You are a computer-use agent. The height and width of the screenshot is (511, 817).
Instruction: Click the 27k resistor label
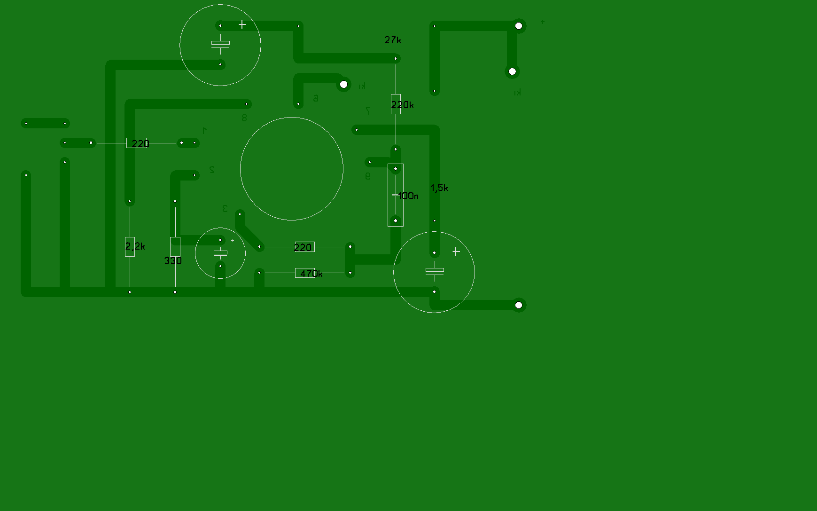pyautogui.click(x=392, y=40)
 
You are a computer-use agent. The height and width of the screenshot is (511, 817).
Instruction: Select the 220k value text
pyautogui.click(x=402, y=105)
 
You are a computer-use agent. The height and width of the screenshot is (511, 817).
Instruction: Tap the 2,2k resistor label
pyautogui.click(x=135, y=246)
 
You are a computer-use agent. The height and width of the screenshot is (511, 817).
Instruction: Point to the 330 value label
pyautogui.click(x=172, y=260)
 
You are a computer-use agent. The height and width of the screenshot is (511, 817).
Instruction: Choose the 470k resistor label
pyautogui.click(x=311, y=273)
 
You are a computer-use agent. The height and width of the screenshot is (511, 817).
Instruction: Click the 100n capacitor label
pyautogui.click(x=408, y=196)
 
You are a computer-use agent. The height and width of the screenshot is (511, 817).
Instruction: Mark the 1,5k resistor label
pyautogui.click(x=439, y=188)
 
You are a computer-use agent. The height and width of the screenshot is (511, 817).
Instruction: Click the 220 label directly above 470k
pyautogui.click(x=303, y=247)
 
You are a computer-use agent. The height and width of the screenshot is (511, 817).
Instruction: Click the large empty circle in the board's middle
pyautogui.click(x=291, y=169)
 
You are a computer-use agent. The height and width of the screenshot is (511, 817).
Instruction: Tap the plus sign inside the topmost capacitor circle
pyautogui.click(x=242, y=24)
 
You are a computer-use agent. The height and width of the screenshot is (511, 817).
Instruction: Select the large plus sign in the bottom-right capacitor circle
pyautogui.click(x=456, y=252)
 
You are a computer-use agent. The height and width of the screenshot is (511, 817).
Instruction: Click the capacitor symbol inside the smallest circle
pyautogui.click(x=220, y=253)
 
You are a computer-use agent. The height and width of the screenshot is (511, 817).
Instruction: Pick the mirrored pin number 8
pyautogui.click(x=244, y=118)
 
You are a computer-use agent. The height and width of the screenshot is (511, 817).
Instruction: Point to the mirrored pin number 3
pyautogui.click(x=225, y=208)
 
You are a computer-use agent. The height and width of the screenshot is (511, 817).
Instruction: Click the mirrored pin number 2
pyautogui.click(x=212, y=170)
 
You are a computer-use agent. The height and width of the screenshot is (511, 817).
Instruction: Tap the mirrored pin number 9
pyautogui.click(x=368, y=176)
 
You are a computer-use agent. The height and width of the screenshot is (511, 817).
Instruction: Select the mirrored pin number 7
pyautogui.click(x=368, y=110)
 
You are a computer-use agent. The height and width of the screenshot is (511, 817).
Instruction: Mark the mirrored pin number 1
pyautogui.click(x=204, y=130)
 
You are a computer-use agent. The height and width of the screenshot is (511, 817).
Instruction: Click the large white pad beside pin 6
pyautogui.click(x=343, y=85)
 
